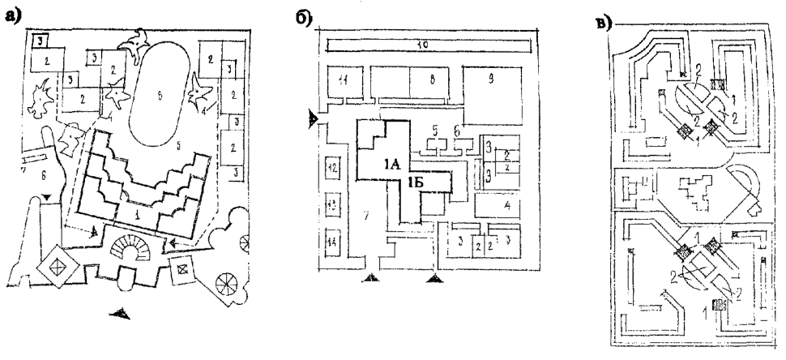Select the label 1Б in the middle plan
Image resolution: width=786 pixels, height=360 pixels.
coord(419,182)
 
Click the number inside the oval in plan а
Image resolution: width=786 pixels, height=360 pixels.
coord(160,96)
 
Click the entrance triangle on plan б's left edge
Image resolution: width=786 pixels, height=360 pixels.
coord(314,119)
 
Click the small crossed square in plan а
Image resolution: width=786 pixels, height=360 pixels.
coord(182,264)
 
